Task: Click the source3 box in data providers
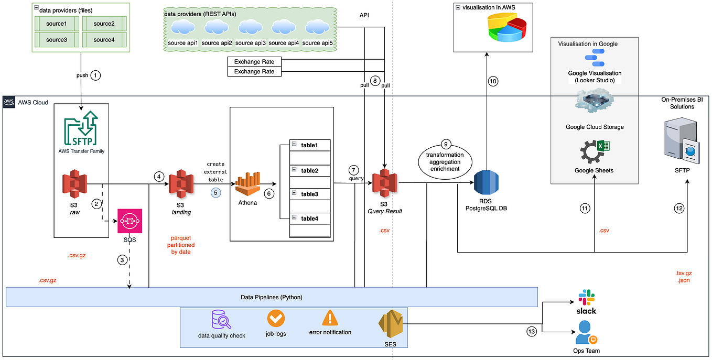[57, 39]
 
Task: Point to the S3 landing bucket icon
[180, 183]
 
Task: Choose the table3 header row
[310, 194]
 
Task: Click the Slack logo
[587, 302]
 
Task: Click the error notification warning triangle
[330, 318]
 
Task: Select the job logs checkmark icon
[276, 318]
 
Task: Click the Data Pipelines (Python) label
[271, 297]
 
